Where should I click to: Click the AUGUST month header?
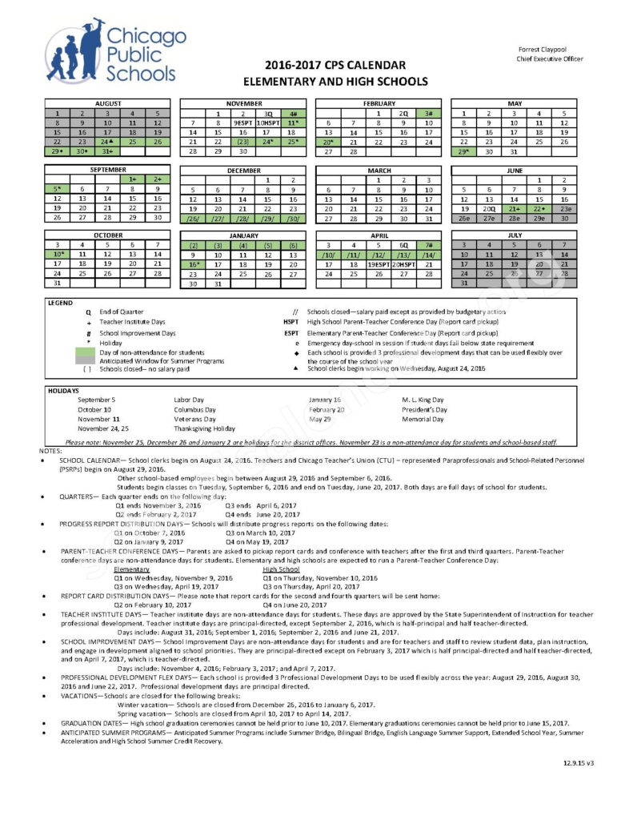coord(108,103)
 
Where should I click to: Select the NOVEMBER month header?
coord(243,103)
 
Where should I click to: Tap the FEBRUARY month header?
coord(379,103)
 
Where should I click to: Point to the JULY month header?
coord(514,236)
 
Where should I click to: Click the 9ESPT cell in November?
coord(243,123)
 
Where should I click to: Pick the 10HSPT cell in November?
coord(269,123)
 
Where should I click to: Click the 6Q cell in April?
coord(404,245)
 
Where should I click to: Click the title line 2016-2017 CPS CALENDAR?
coord(324,66)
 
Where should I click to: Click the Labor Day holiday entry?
coord(189,400)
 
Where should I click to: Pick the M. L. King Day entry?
coord(423,400)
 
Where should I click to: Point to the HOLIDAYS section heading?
coord(63,390)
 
